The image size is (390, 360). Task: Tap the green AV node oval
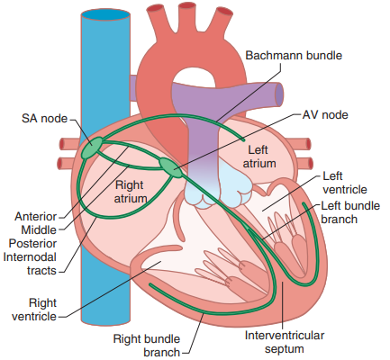pyautogui.click(x=171, y=168)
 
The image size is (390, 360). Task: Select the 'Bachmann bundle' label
pyautogui.click(x=294, y=56)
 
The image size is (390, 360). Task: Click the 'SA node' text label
pyautogui.click(x=44, y=119)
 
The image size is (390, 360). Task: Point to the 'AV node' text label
pyautogui.click(x=325, y=115)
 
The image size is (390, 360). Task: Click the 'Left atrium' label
pyautogui.click(x=259, y=157)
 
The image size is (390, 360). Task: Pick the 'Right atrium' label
pyautogui.click(x=131, y=192)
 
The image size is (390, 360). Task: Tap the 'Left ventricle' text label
pyautogui.click(x=345, y=183)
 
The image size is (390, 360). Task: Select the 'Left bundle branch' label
pyautogui.click(x=350, y=212)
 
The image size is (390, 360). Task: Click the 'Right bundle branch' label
pyautogui.click(x=147, y=346)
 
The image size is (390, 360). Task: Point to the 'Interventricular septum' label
pyautogui.click(x=285, y=342)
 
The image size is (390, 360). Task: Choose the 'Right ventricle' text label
pyautogui.click(x=34, y=310)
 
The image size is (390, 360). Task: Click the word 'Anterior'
pyautogui.click(x=36, y=216)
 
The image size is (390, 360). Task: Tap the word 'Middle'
pyautogui.click(x=39, y=230)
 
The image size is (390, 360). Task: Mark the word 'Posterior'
pyautogui.click(x=32, y=244)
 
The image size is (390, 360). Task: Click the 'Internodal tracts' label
pyautogui.click(x=30, y=264)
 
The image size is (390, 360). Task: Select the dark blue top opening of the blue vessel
pyautogui.click(x=105, y=14)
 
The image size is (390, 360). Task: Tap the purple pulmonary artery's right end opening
pyautogui.click(x=279, y=94)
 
